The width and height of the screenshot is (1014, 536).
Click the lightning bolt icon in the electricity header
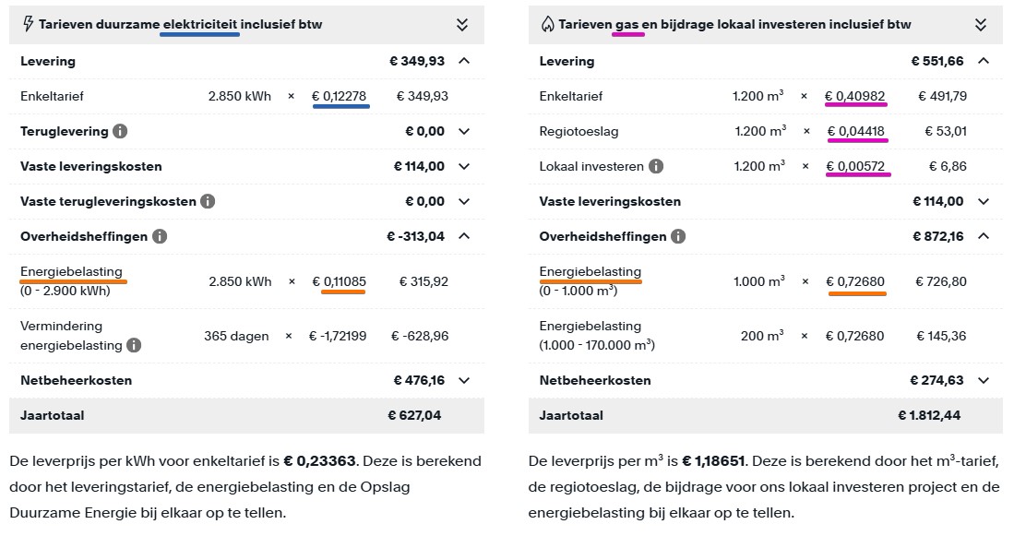[x=28, y=24]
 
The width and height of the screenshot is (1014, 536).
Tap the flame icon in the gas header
[x=546, y=24]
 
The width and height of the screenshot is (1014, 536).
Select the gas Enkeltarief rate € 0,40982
[x=855, y=96]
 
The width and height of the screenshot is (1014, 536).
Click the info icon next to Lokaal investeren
[x=656, y=167]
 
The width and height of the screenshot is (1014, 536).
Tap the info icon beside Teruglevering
[x=120, y=132]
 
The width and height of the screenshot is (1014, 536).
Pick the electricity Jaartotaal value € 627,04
[x=414, y=415]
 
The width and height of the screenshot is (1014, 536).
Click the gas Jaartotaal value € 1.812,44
[x=929, y=415]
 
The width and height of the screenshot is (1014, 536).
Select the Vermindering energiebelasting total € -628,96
[x=420, y=336]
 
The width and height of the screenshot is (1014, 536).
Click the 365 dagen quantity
[x=236, y=336]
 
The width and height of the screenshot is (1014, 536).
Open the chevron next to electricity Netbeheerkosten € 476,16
[x=464, y=380]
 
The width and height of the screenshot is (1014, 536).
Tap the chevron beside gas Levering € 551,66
[x=984, y=61]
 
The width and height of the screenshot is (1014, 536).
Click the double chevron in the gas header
[x=981, y=25]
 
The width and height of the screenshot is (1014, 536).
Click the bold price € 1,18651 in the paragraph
[x=717, y=460]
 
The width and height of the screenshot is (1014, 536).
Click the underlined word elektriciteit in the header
[x=199, y=24]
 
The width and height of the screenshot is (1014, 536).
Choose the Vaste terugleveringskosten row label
[x=108, y=201]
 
